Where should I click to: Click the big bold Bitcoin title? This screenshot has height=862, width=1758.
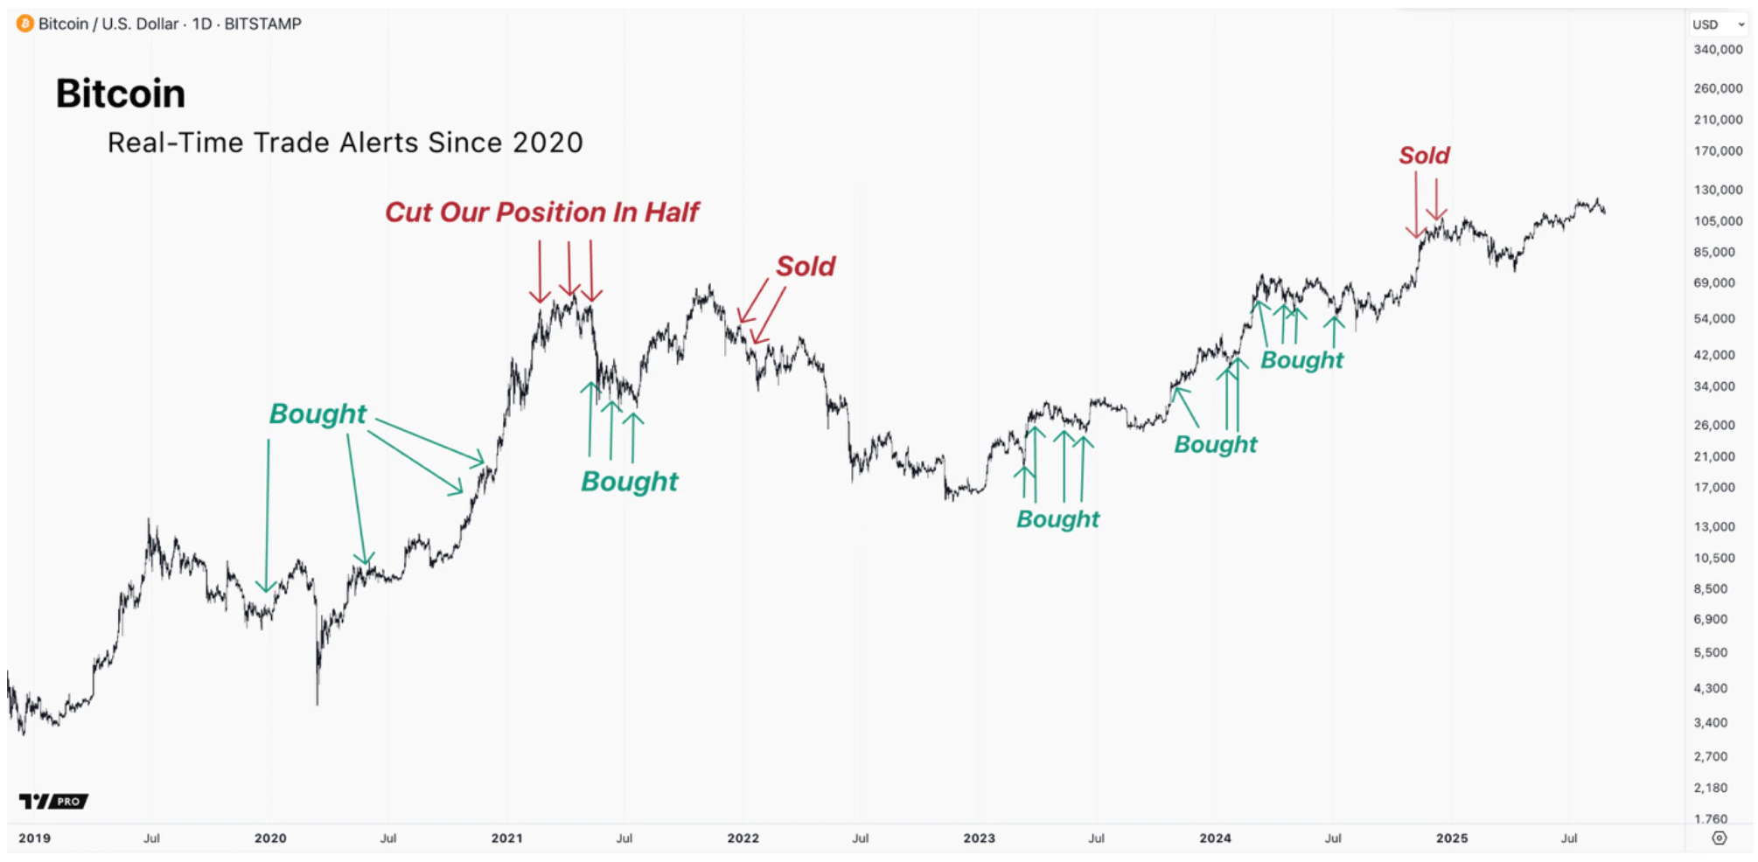tap(121, 94)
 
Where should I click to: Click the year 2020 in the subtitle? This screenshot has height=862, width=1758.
tap(548, 143)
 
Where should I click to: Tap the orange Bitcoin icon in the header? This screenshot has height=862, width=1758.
tap(24, 24)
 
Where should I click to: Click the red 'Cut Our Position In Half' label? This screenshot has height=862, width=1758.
tap(541, 212)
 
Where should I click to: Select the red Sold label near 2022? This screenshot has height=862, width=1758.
tap(806, 267)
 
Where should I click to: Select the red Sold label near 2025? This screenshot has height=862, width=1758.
tap(1424, 156)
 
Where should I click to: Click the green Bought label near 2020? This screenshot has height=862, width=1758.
tap(317, 414)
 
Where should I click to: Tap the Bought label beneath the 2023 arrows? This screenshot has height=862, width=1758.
tap(1057, 519)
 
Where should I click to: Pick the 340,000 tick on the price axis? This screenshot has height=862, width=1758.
tap(1718, 50)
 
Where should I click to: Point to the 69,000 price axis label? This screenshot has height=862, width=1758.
tap(1714, 283)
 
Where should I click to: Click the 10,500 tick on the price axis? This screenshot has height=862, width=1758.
tap(1714, 558)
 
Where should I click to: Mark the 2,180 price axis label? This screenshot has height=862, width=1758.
tap(1711, 788)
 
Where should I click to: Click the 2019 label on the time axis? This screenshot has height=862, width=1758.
tap(35, 838)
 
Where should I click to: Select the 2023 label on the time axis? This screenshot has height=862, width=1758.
tap(979, 838)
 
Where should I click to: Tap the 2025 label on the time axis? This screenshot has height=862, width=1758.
tap(1452, 838)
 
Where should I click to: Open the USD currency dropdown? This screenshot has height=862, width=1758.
tap(1718, 24)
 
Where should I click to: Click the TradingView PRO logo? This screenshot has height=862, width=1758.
tap(53, 801)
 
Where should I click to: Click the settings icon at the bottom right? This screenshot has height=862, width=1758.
tap(1720, 838)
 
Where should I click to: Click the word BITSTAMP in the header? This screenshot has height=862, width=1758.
tap(262, 24)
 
